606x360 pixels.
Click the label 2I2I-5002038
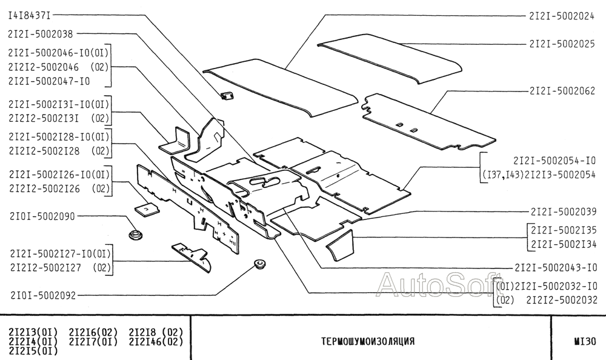42,34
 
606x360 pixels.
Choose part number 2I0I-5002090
42,216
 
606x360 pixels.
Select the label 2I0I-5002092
42,296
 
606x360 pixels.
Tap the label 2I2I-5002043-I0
555,267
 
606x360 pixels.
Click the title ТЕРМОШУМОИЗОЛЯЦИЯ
368,341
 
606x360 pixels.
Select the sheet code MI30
585,341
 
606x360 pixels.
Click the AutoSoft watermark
434,284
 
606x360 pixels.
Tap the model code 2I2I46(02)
156,341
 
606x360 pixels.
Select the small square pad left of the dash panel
146,209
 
